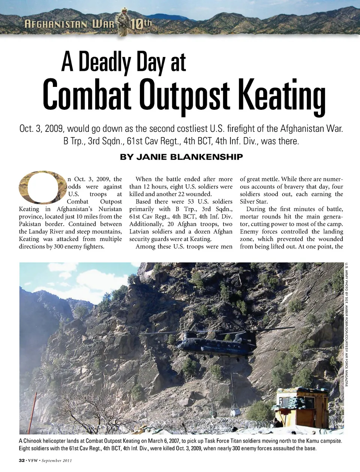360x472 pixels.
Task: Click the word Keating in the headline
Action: pyautogui.click(x=282, y=95)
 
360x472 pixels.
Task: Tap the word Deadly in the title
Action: pyautogui.click(x=105, y=62)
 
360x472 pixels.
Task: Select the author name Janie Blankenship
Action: pyautogui.click(x=181, y=157)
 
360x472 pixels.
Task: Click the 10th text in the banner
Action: pyautogui.click(x=141, y=24)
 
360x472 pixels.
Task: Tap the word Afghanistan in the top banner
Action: pyautogui.click(x=56, y=25)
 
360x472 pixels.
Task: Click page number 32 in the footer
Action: pyautogui.click(x=22, y=460)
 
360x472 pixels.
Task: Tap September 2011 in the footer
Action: pyautogui.click(x=57, y=460)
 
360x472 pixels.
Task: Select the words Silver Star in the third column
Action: pyautogui.click(x=254, y=202)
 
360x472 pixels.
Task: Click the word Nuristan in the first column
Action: pyautogui.click(x=110, y=209)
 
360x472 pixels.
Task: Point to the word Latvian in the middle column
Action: pyautogui.click(x=139, y=232)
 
